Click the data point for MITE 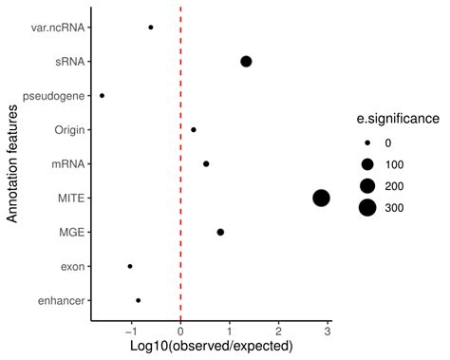(321, 198)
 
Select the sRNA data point (246, 62)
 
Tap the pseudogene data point (103, 96)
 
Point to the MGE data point (220, 232)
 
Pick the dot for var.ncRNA (151, 28)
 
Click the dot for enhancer (139, 300)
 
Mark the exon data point (130, 266)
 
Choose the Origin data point (194, 129)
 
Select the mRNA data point (206, 163)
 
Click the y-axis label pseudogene (54, 96)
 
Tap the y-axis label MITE (70, 198)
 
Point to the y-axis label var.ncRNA (58, 28)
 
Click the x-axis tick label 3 (328, 332)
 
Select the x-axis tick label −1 (130, 332)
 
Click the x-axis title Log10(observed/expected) (211, 348)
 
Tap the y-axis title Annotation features (12, 163)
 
